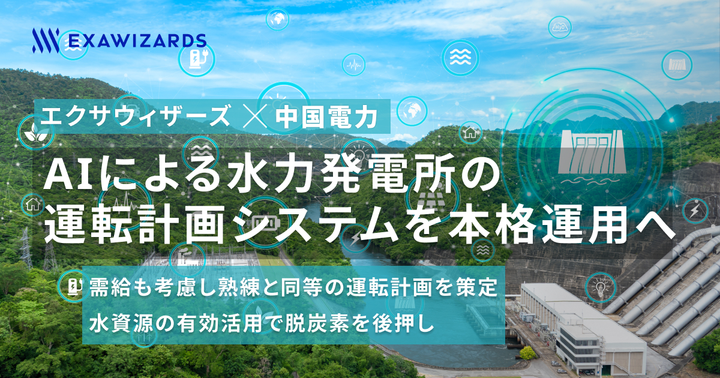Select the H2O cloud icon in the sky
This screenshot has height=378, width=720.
[560, 27]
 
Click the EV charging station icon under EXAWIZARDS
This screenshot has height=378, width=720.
[196, 58]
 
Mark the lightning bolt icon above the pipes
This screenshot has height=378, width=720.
[694, 211]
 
